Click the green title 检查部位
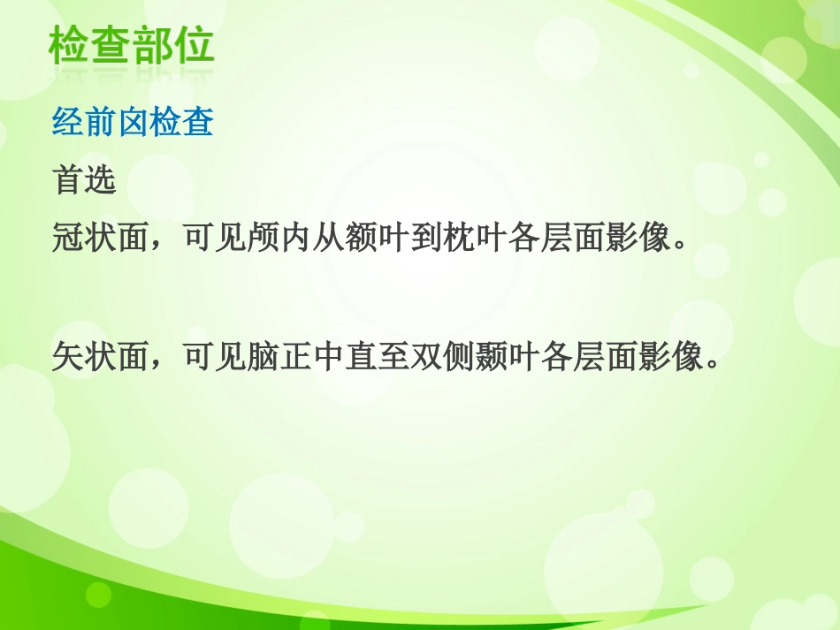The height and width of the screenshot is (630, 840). (132, 47)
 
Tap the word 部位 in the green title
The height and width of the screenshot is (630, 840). (173, 47)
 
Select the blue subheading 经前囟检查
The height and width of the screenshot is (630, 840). (134, 123)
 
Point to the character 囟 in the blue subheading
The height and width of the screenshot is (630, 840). (134, 123)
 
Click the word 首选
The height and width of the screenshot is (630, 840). (85, 180)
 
